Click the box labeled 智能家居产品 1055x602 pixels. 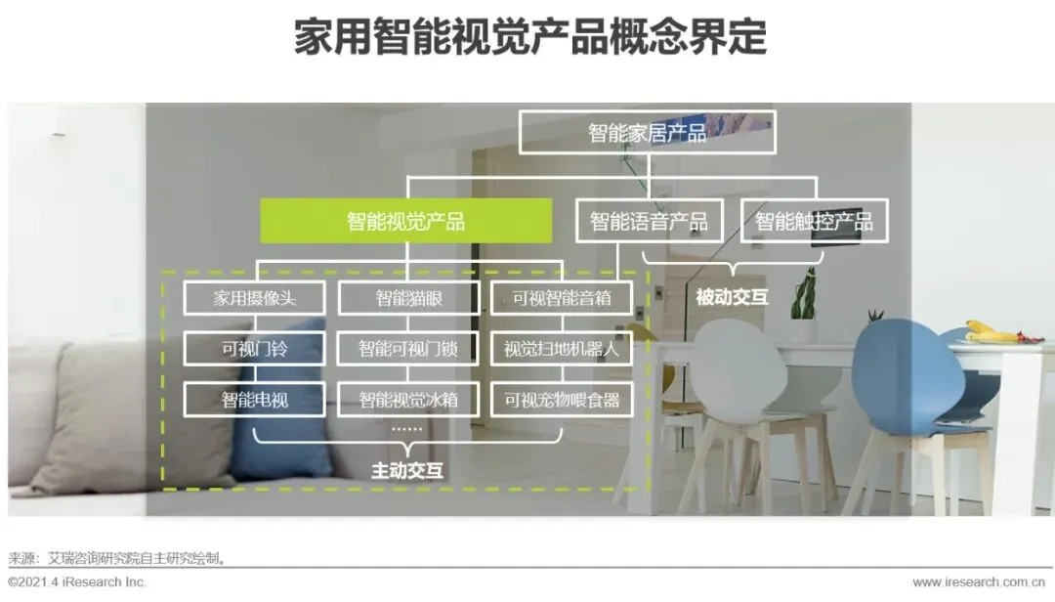pos(647,132)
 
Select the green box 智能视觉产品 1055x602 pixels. pos(405,221)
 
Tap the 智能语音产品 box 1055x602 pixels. pos(649,221)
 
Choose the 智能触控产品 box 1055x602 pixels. pos(814,221)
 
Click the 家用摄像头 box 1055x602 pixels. pos(254,298)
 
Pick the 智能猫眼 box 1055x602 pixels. pos(408,298)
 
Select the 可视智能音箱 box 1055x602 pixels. pos(562,298)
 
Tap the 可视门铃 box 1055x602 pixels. pos(254,348)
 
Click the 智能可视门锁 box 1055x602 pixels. pos(408,348)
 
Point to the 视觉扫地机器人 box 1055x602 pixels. pos(562,348)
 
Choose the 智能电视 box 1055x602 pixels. pos(254,399)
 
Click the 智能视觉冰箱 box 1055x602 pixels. pos(408,399)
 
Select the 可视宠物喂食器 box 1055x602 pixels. pos(562,399)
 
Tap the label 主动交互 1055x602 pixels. pos(407,470)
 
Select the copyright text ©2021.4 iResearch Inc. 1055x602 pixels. pos(77,582)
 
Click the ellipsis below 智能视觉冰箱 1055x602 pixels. pos(406,427)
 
